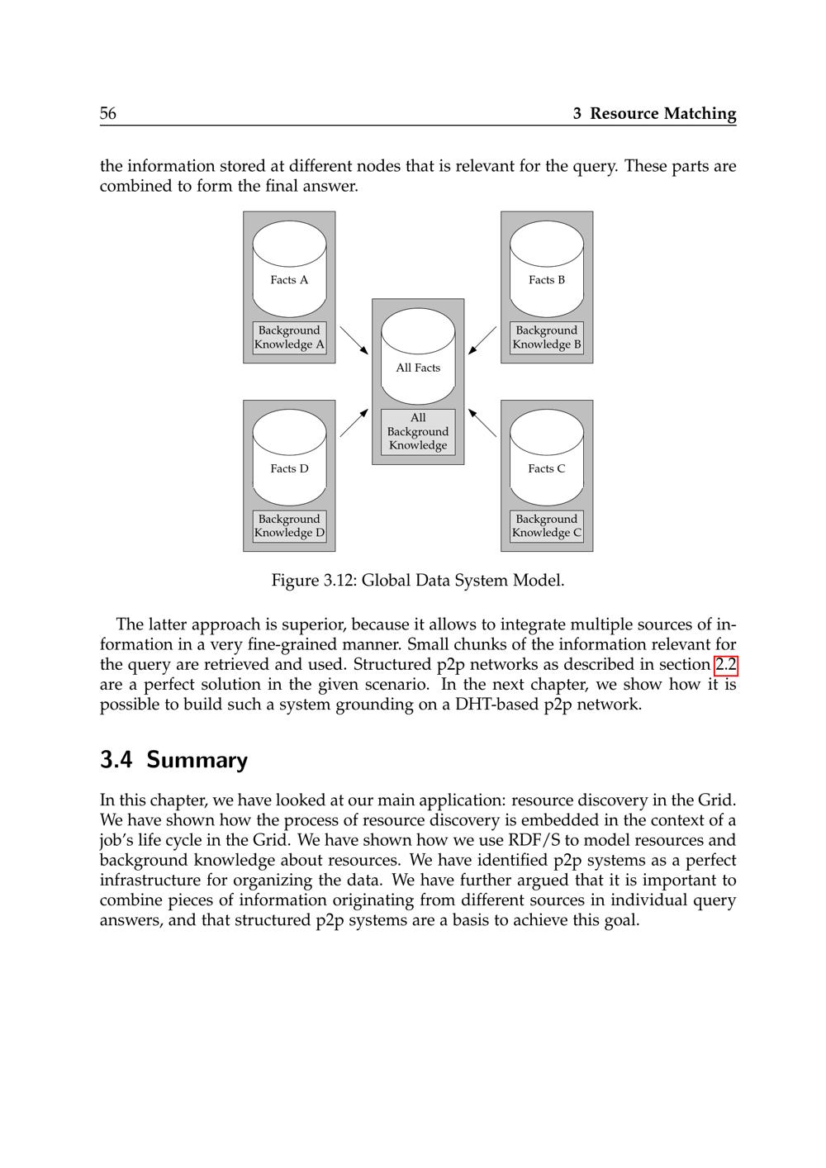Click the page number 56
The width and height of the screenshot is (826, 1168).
[108, 114]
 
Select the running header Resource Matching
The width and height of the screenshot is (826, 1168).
[662, 114]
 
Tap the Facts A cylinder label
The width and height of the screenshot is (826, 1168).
[289, 280]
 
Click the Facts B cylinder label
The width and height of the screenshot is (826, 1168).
[547, 280]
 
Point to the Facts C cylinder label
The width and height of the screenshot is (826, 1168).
[547, 468]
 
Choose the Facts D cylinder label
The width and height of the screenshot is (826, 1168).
[289, 468]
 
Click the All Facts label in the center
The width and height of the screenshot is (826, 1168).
[418, 368]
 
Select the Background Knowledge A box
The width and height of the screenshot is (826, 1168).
[289, 338]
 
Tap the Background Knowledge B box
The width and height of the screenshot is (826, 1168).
[547, 338]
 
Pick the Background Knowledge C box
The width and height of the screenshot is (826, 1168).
[547, 526]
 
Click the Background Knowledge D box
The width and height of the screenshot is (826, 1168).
[289, 526]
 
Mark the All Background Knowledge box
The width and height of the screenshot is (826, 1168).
[418, 431]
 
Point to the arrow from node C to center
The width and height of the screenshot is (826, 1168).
[482, 422]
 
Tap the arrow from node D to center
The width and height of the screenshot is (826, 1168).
[354, 422]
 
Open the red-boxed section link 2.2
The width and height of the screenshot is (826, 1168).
[725, 665]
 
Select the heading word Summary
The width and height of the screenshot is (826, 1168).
[197, 760]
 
